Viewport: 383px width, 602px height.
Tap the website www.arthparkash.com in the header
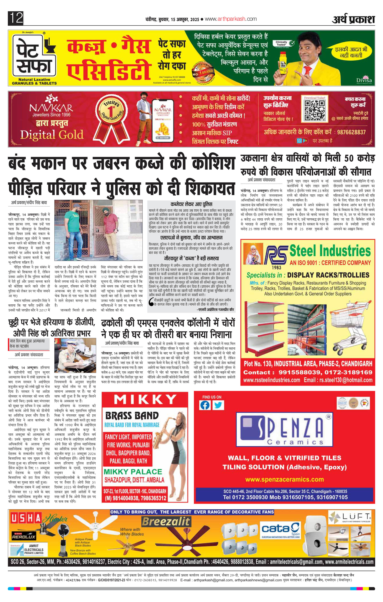(231, 19)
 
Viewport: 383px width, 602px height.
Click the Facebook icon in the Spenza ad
(205, 405)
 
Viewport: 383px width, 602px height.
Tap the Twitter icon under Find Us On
(218, 405)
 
